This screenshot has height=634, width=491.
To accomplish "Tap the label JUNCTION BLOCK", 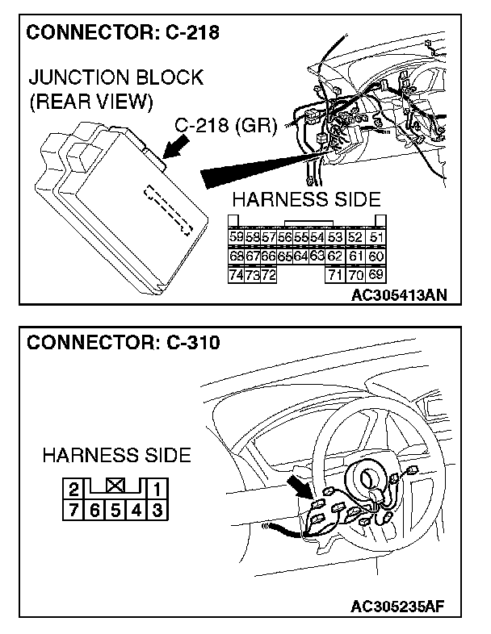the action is pos(115,79).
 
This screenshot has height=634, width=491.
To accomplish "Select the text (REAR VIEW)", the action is pos(90,102).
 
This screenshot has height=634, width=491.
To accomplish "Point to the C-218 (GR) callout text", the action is pos(227,127).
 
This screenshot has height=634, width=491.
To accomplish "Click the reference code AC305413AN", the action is pos(399,295).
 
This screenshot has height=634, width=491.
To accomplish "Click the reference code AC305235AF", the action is pos(399,606).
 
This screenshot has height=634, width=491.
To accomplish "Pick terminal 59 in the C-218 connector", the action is pos(237,237).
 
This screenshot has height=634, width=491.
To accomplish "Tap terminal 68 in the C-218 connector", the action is pos(237,256).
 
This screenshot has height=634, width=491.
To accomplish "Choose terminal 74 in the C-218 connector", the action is pos(237,275).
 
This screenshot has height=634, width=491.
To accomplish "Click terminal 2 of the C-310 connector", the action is pos(73,488).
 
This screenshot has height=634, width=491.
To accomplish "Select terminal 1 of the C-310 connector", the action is pos(157,488).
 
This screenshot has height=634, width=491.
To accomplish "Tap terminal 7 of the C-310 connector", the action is pos(73,509).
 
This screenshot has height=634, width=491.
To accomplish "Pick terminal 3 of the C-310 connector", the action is pos(157,509).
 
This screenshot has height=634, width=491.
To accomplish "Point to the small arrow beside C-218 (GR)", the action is pos(174,151).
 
